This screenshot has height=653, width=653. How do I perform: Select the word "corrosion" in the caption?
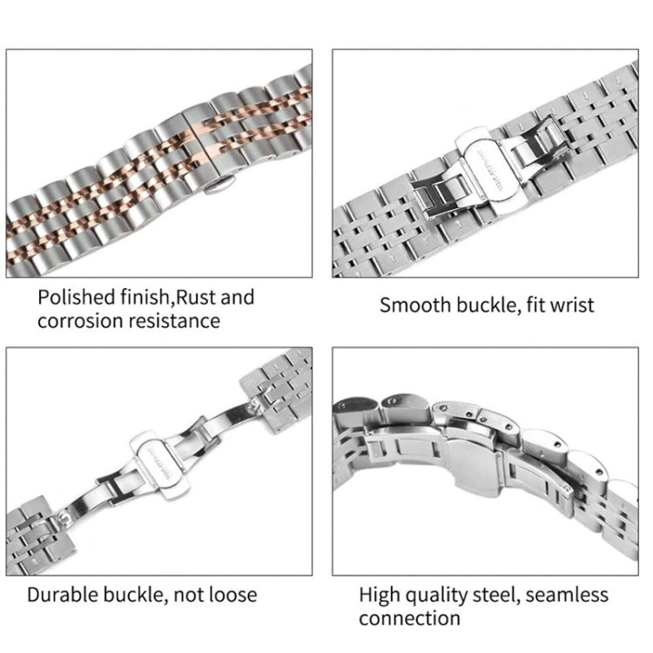point(79,321)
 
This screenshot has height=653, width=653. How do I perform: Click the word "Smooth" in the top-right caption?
point(415,306)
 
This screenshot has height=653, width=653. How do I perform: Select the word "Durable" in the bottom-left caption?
point(64,596)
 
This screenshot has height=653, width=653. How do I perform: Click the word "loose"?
point(229,596)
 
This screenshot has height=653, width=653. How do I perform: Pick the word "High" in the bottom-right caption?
point(380,596)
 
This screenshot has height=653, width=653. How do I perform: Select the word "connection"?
point(409,619)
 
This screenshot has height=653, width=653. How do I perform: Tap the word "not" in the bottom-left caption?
point(186,596)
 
